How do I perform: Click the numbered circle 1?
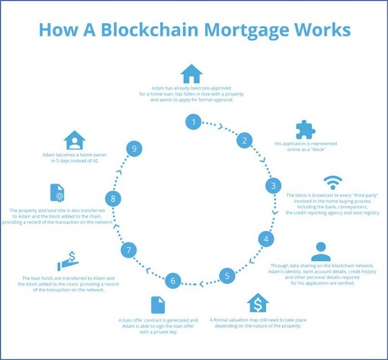click(x=193, y=121)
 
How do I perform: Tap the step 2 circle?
click(x=244, y=140)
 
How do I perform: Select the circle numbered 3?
click(x=273, y=185)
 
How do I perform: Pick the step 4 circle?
click(x=267, y=240)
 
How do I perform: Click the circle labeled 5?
click(x=227, y=275)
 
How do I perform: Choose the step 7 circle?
click(x=128, y=250)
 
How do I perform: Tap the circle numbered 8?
click(x=113, y=197)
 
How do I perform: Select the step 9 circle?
click(x=134, y=149)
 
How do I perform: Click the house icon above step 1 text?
click(x=191, y=73)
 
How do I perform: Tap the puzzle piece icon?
click(x=305, y=129)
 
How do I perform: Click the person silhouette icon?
click(x=321, y=251)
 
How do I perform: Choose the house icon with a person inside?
click(x=74, y=140)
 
